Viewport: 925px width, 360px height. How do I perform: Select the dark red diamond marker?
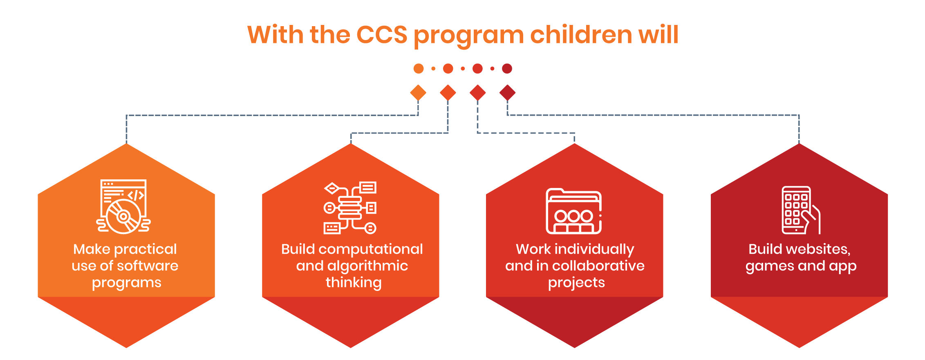coord(507,93)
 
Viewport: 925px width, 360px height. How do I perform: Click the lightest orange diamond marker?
coord(418,93)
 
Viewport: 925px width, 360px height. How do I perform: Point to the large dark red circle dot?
coord(507,69)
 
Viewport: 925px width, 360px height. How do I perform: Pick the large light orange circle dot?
coord(419,69)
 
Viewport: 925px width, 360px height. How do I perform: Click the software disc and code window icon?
coord(123,207)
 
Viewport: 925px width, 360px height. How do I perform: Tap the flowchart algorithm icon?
coord(350,208)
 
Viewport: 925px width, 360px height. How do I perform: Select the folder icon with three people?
coord(574,211)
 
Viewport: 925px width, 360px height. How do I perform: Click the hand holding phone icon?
coord(801,210)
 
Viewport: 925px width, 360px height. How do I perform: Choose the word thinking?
coord(354,282)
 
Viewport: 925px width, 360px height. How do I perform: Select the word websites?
coord(820,249)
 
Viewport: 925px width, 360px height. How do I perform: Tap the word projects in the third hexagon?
coord(576,283)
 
